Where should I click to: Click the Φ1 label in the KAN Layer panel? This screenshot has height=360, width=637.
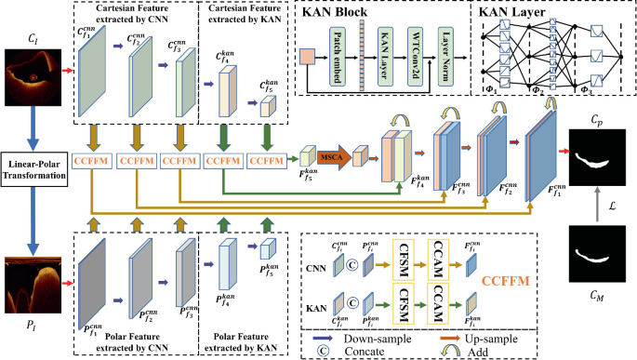[x=490, y=90]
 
